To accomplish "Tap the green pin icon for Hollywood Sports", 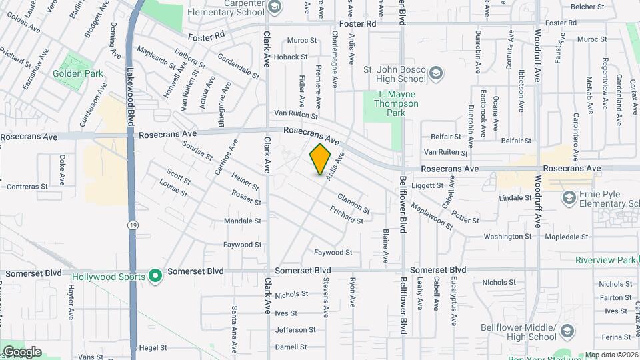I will point(155,276).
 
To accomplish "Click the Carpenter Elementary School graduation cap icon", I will point(274,7).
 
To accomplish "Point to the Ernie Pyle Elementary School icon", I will point(569,197).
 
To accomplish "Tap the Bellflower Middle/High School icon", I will point(567,331).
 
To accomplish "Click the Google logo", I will point(22,352).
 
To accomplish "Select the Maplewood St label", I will point(431,217).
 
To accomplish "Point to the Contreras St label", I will point(23,187).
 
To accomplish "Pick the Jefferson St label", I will point(295,329).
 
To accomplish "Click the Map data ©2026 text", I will point(611,355).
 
